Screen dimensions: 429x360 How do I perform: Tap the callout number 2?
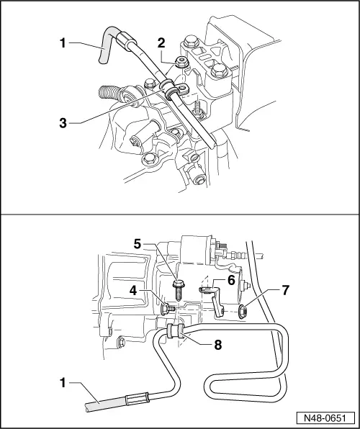[x=161, y=63]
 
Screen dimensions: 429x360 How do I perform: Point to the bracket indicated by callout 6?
[x=216, y=302]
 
